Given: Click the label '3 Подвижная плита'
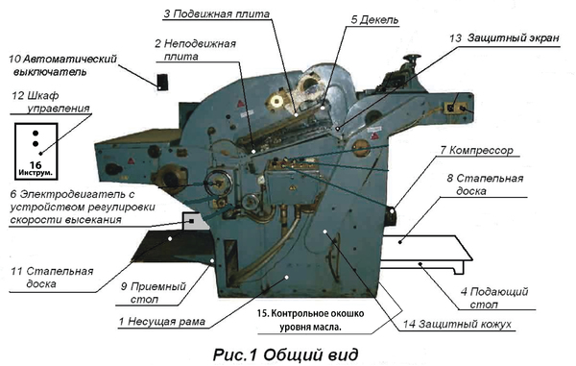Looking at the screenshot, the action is click(217, 14).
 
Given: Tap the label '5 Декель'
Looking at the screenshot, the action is click(374, 19).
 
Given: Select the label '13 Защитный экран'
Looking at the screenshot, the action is click(505, 37).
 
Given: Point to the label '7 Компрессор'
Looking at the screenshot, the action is click(476, 150).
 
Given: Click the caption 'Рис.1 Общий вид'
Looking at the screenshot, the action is click(285, 355).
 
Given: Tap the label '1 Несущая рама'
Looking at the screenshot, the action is click(161, 322).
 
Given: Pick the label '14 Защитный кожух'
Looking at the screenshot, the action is click(457, 324).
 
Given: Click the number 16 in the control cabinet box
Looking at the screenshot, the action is click(36, 165).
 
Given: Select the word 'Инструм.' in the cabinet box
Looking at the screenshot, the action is click(36, 173).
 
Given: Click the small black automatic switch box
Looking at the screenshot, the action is click(162, 82).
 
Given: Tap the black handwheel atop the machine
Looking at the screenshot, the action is click(412, 58).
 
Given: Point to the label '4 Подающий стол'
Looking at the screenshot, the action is click(494, 298).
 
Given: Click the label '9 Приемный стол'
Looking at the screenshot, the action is click(154, 293).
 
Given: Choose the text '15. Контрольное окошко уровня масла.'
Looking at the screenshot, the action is click(310, 320).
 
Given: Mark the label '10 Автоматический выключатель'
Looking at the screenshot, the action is click(62, 65).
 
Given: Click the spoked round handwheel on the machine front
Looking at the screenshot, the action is click(218, 183).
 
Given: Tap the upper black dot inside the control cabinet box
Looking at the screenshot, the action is click(36, 133).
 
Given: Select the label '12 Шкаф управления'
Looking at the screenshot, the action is click(51, 102).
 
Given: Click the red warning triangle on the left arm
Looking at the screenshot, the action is click(131, 160).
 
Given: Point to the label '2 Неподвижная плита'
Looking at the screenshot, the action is click(195, 50).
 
